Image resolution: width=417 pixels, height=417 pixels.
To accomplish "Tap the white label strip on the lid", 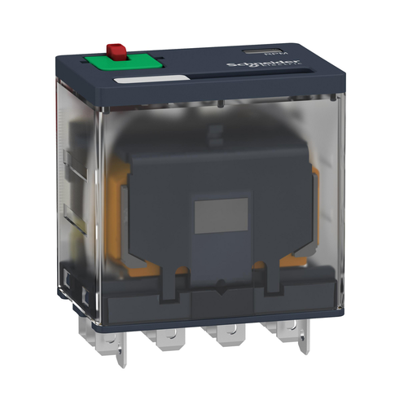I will pos(152,80).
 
